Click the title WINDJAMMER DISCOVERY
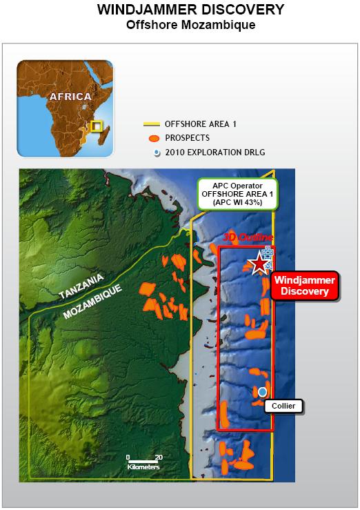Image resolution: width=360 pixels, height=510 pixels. click(179, 10)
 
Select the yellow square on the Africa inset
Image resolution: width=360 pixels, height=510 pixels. click(97, 126)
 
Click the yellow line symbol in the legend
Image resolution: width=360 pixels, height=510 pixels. click(151, 124)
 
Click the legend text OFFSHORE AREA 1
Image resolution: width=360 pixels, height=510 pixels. click(200, 124)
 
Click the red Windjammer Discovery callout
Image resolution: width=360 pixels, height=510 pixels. click(304, 286)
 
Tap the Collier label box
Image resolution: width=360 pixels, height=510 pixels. click(283, 406)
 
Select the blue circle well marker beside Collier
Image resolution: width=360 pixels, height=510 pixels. click(262, 392)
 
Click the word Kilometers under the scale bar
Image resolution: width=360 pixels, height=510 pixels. click(143, 467)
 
